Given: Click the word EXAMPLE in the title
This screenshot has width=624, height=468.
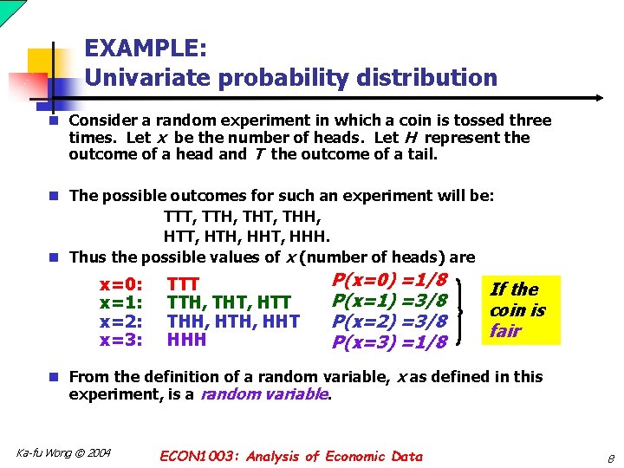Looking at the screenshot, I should tap(145, 47).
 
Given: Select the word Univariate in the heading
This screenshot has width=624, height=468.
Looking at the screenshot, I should tap(148, 78).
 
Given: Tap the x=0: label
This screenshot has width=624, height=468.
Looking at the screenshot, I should tap(121, 284).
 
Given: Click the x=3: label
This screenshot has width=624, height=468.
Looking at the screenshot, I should tap(121, 339).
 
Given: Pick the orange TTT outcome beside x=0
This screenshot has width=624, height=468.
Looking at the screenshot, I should tap(183, 284).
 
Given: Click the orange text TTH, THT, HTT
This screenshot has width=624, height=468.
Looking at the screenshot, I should tap(228, 302).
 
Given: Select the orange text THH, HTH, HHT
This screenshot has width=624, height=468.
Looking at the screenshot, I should tap(232, 321).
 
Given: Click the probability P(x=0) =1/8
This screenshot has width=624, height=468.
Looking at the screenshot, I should tap(390, 280).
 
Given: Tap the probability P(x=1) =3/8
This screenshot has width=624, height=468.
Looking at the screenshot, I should tap(390, 300).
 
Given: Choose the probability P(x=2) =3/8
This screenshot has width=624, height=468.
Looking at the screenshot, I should tap(390, 321).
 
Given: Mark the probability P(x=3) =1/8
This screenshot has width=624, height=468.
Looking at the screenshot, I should tap(390, 341).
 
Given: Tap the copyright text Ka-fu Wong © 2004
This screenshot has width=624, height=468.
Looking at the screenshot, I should tap(63, 452).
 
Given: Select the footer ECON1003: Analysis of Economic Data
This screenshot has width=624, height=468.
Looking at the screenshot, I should tap(291, 456).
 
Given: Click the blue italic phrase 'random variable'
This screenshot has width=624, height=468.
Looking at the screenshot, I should tap(264, 394).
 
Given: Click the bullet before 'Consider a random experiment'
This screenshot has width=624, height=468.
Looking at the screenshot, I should tap(54, 121).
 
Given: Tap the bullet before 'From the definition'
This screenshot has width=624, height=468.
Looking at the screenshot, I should tap(54, 377).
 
